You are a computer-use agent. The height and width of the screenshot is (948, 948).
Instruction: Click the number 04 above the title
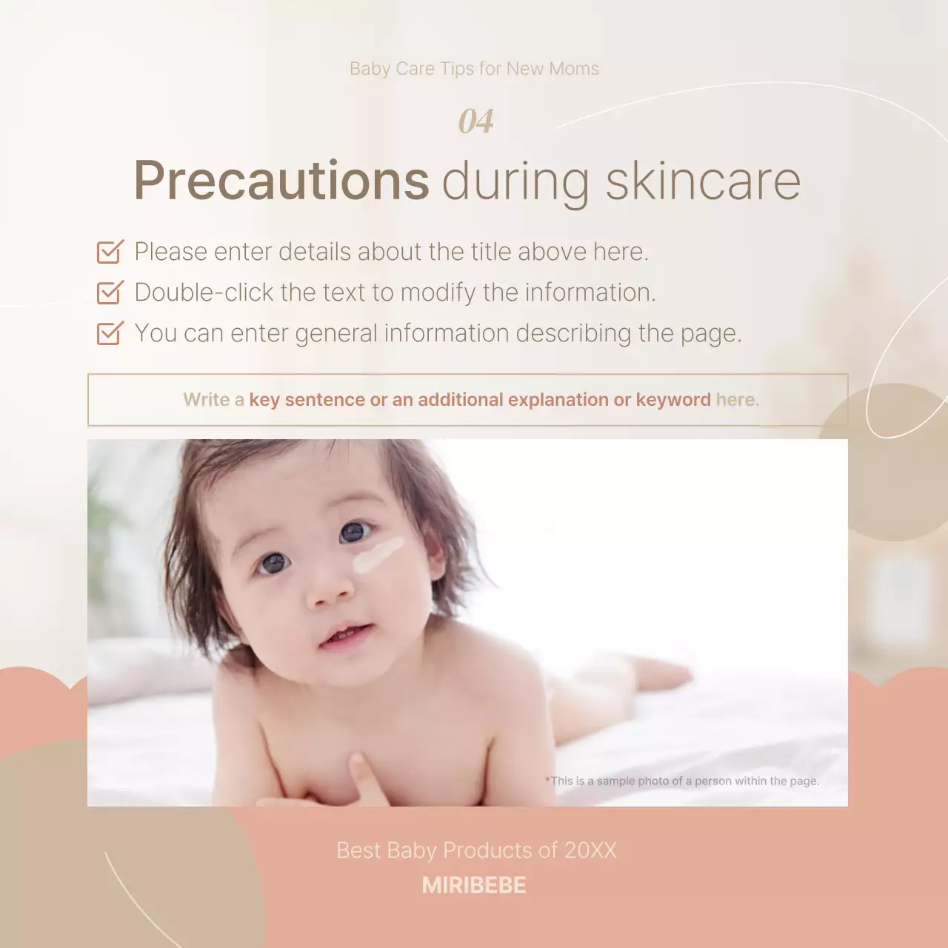pyautogui.click(x=475, y=121)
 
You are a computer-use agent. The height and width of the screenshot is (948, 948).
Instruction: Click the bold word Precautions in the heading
pyautogui.click(x=281, y=181)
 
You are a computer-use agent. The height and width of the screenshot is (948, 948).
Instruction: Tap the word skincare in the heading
pyautogui.click(x=703, y=181)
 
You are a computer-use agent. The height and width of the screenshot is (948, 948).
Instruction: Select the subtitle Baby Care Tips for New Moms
pyautogui.click(x=474, y=69)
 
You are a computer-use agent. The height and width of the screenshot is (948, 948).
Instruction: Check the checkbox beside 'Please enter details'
pyautogui.click(x=110, y=252)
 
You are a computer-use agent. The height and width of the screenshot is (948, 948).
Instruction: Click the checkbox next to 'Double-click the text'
pyautogui.click(x=110, y=293)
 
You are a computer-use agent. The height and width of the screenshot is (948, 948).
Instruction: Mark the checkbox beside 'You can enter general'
pyautogui.click(x=110, y=333)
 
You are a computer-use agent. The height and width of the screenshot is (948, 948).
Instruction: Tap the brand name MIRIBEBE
pyautogui.click(x=474, y=885)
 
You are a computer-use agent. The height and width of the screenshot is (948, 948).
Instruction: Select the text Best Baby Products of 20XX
pyautogui.click(x=476, y=850)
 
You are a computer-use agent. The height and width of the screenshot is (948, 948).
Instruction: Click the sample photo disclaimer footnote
pyautogui.click(x=682, y=781)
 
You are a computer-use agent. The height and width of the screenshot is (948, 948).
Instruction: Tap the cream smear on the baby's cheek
pyautogui.click(x=378, y=555)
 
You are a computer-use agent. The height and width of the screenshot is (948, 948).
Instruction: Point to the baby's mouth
pyautogui.click(x=344, y=635)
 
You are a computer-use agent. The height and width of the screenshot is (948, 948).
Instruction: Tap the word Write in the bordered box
pyautogui.click(x=207, y=400)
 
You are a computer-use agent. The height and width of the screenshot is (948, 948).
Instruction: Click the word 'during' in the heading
pyautogui.click(x=515, y=181)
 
